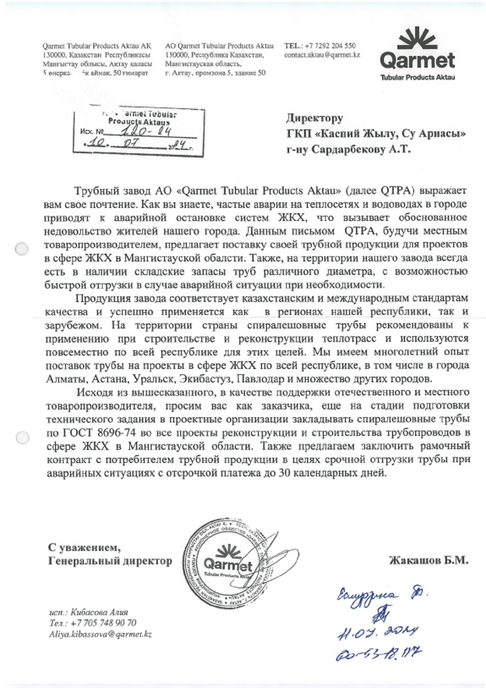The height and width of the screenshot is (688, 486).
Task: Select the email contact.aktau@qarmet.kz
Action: (x=322, y=55)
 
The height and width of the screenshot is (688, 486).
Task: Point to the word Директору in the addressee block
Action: (x=315, y=118)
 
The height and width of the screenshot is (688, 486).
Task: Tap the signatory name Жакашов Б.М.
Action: (x=428, y=560)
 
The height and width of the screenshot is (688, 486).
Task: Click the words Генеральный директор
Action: (x=110, y=561)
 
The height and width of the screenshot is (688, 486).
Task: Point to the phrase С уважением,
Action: (x=84, y=548)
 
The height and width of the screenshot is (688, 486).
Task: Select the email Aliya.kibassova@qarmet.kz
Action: (x=100, y=634)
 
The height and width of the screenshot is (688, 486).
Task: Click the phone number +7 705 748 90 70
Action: (x=103, y=623)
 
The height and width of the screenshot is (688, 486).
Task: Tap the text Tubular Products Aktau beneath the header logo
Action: (x=418, y=77)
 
